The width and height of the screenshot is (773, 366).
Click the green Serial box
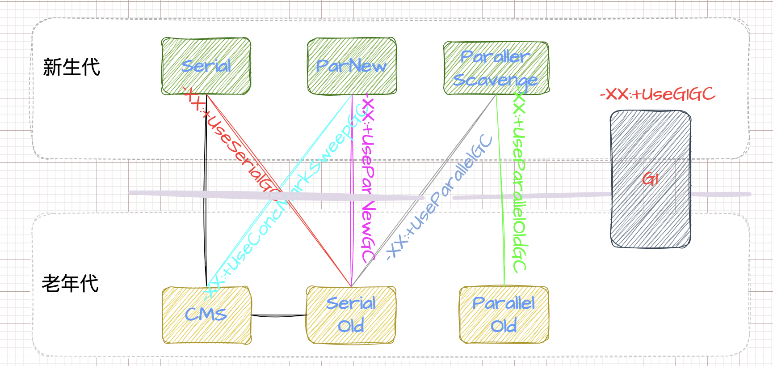pyautogui.click(x=206, y=66)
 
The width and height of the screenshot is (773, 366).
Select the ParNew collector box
pyautogui.click(x=352, y=66)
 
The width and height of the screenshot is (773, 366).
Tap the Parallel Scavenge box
pyautogui.click(x=496, y=68)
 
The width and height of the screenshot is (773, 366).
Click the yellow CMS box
pyautogui.click(x=206, y=315)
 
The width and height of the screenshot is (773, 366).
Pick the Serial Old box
pyautogui.click(x=351, y=315)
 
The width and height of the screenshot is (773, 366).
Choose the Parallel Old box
pyautogui.click(x=504, y=315)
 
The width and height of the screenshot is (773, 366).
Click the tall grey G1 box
pyautogui.click(x=651, y=179)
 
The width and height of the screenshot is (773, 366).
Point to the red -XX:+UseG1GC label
pyautogui.click(x=657, y=94)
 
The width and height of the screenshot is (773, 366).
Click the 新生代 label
pyautogui.click(x=71, y=68)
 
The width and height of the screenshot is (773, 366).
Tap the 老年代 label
pyautogui.click(x=70, y=284)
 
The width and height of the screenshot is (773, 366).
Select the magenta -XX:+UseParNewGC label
pyautogui.click(x=368, y=179)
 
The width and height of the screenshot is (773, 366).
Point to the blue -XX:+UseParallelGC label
pyautogui.click(x=440, y=197)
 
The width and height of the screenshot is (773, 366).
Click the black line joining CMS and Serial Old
pyautogui.click(x=279, y=315)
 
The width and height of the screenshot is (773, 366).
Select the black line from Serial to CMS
pyautogui.click(x=206, y=188)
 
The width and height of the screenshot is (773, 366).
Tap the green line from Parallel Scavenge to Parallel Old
pyautogui.click(x=500, y=188)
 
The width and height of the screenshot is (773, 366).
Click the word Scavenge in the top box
pyautogui.click(x=495, y=81)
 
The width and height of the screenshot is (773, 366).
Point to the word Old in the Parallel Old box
pyautogui.click(x=504, y=326)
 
